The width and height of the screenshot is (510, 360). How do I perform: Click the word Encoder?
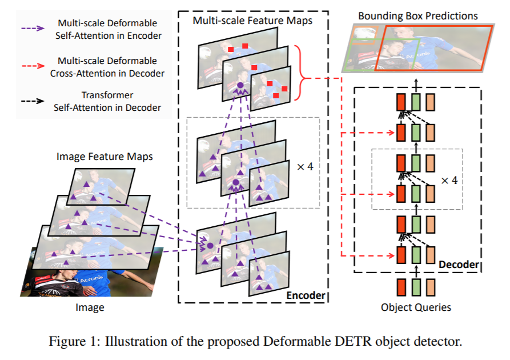[x=306, y=295]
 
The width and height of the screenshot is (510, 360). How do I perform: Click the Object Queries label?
[x=416, y=307]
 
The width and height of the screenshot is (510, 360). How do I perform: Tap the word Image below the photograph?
[x=90, y=308]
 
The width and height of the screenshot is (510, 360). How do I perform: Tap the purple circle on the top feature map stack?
[x=240, y=86]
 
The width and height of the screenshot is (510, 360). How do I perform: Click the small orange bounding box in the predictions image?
[x=363, y=34]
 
